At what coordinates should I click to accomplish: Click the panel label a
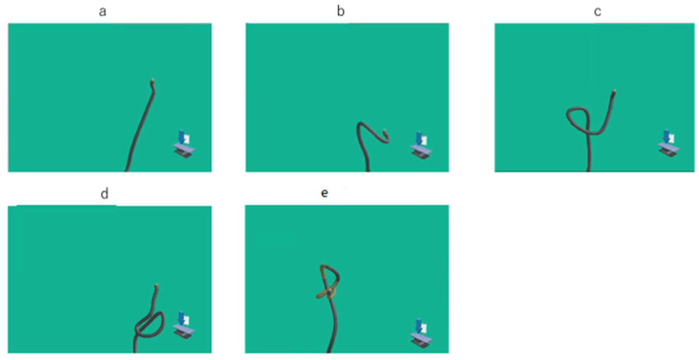(x=103, y=11)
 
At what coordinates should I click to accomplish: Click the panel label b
(x=341, y=11)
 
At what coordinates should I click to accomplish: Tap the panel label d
(x=105, y=194)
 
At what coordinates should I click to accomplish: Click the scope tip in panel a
(x=153, y=81)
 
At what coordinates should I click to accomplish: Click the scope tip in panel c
(x=614, y=91)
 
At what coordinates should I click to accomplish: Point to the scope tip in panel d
(x=155, y=286)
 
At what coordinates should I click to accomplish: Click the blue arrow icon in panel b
(x=419, y=138)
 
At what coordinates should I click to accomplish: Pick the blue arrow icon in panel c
(x=667, y=136)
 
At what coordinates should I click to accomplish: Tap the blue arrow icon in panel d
(x=182, y=318)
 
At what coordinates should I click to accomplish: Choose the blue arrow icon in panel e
(x=419, y=325)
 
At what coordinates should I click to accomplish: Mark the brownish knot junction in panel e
(x=330, y=291)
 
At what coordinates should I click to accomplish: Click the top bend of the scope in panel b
(x=361, y=124)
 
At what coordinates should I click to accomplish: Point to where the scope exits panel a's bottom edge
(x=127, y=170)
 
